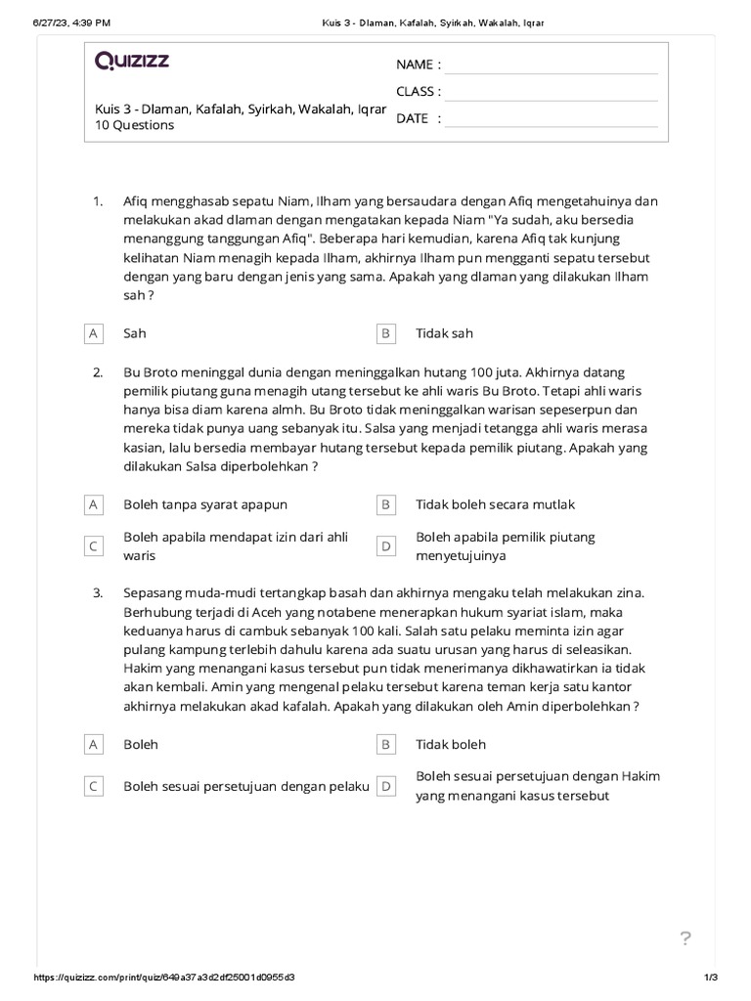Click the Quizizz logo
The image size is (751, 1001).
(x=132, y=62)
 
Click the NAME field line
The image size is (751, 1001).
(x=551, y=65)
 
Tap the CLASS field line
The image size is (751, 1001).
(x=551, y=93)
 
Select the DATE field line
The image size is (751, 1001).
(x=551, y=119)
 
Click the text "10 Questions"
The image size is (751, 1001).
(x=135, y=125)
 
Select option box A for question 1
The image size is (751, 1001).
(x=94, y=333)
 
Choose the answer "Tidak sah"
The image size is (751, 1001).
(x=444, y=333)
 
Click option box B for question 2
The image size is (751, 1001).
(x=386, y=504)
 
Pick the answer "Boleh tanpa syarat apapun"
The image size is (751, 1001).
(x=205, y=504)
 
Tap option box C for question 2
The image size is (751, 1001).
(x=94, y=546)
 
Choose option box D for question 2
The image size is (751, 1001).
(x=386, y=546)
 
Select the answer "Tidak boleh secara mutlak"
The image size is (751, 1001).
(x=495, y=504)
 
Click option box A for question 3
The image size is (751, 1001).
(x=94, y=744)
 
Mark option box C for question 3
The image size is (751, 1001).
(x=94, y=786)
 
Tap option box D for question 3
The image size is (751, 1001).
(x=386, y=786)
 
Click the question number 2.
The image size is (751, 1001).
(x=98, y=372)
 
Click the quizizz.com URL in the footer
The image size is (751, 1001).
(x=165, y=978)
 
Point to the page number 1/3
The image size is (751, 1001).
(x=711, y=978)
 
